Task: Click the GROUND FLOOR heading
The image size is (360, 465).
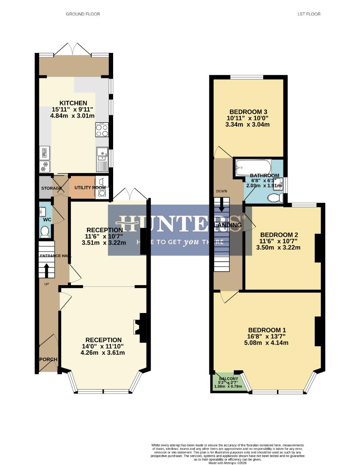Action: (83, 14)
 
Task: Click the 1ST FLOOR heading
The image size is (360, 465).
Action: (308, 14)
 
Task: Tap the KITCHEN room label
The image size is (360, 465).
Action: (73, 103)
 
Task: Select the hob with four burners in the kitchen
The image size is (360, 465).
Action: (102, 130)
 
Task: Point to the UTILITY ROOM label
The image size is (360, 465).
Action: (90, 188)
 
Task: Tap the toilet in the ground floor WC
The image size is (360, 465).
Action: (44, 232)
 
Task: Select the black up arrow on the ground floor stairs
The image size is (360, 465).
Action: (47, 270)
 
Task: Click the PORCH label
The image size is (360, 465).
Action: (48, 360)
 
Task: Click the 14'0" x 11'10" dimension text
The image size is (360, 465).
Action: (103, 346)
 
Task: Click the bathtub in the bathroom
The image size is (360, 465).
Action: (253, 167)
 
